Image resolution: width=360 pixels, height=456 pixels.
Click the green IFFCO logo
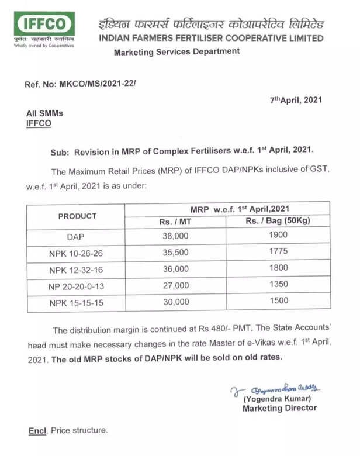pyautogui.click(x=44, y=25)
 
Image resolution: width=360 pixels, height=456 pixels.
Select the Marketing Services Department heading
pyautogui.click(x=176, y=52)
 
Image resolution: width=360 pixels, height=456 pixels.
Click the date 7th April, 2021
pyautogui.click(x=296, y=100)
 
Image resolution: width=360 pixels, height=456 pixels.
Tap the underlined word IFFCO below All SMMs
pyautogui.click(x=39, y=123)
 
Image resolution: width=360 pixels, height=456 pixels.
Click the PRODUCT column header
pyautogui.click(x=77, y=216)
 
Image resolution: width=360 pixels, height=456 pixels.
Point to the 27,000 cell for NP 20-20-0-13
pyautogui.click(x=175, y=285)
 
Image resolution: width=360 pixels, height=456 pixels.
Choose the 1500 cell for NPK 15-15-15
pyautogui.click(x=278, y=301)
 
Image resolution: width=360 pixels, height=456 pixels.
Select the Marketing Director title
pyautogui.click(x=279, y=408)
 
